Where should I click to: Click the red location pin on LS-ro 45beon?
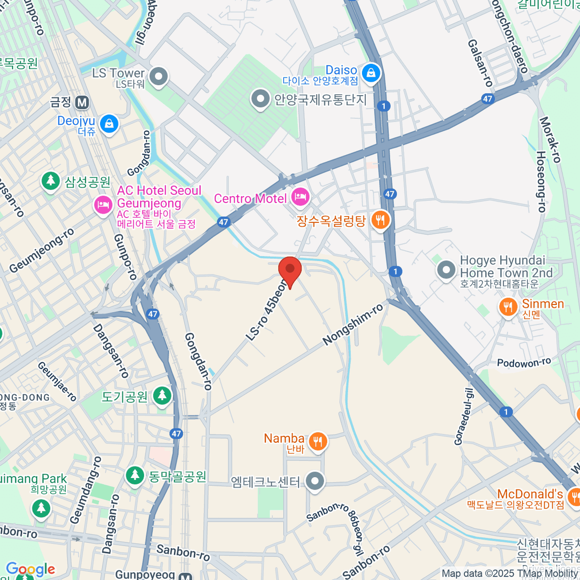tap(290, 270)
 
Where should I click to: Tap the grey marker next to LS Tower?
tap(158, 76)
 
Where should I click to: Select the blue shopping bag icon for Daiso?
tap(371, 73)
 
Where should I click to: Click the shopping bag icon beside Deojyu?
tap(110, 123)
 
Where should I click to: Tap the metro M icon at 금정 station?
tap(82, 102)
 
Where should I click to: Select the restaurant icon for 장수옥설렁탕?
tap(381, 220)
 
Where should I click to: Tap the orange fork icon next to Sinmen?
tap(507, 306)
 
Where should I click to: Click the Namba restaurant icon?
tap(317, 441)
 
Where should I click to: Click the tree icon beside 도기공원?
tap(162, 395)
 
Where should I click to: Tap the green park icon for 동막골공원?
tap(135, 475)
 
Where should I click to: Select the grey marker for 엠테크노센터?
tap(315, 481)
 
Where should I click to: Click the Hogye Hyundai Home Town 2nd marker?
tap(446, 270)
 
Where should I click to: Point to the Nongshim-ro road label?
tap(353, 324)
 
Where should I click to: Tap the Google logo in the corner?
tap(30, 569)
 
